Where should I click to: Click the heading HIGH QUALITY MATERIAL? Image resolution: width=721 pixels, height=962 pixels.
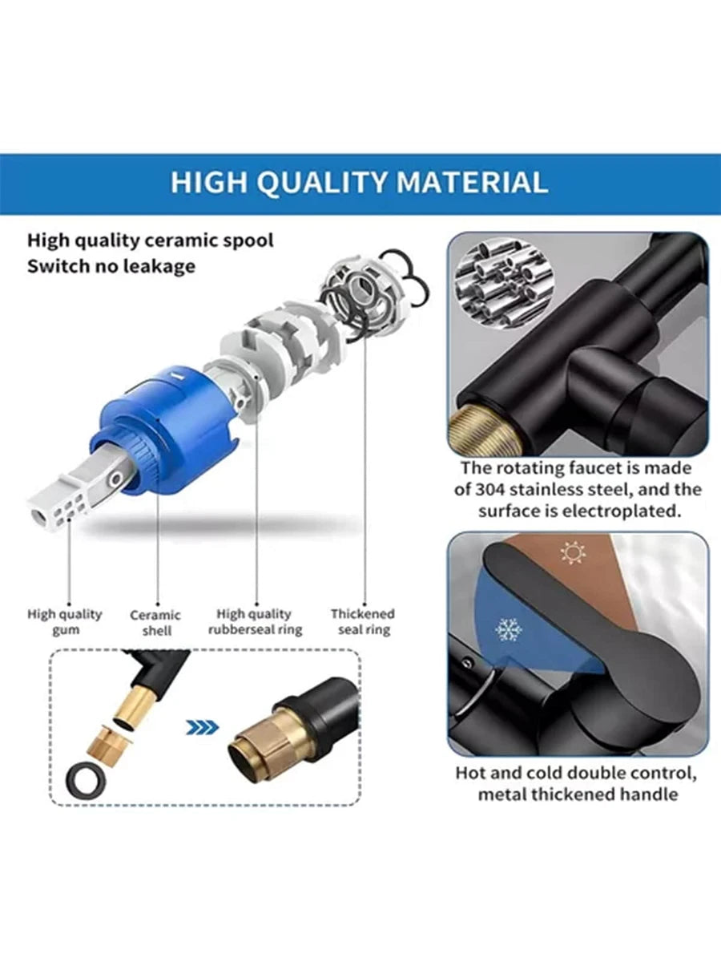tap(359, 183)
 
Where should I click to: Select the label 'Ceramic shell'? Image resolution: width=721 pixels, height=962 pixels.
tap(155, 623)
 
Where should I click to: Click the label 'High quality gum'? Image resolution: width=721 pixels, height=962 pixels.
tap(64, 622)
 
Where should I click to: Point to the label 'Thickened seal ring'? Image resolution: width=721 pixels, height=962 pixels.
tap(363, 622)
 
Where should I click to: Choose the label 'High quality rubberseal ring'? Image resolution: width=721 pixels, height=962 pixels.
tap(256, 622)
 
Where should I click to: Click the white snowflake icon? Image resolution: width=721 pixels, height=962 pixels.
tap(509, 630)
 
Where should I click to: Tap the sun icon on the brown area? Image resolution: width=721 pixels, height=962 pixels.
tap(573, 552)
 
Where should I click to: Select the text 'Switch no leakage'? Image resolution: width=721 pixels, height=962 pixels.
tap(111, 266)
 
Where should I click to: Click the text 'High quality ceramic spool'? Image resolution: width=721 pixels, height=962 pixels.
tap(150, 240)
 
